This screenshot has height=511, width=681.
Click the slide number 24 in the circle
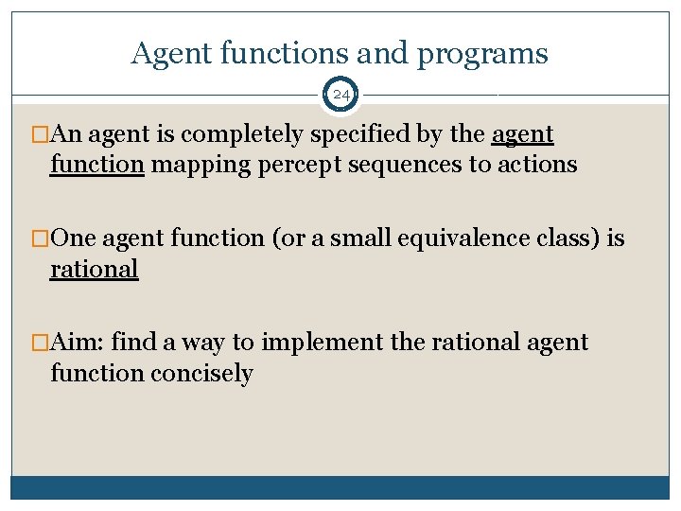[x=340, y=95]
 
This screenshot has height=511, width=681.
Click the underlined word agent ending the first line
[x=522, y=134]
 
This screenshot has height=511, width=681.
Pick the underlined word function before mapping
[x=96, y=165]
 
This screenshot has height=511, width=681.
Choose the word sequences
[x=385, y=165]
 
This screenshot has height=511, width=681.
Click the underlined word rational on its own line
[x=95, y=269]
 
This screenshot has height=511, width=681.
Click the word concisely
[x=201, y=373]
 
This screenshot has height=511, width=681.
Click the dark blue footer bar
[x=340, y=487]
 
